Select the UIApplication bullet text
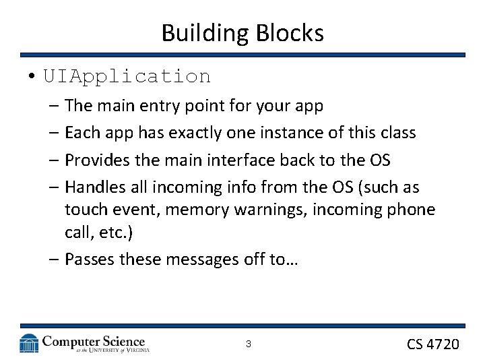click(x=127, y=76)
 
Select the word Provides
click(x=97, y=160)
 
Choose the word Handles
click(x=95, y=187)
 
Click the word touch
click(x=85, y=210)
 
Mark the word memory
click(x=197, y=210)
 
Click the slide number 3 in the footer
click(x=248, y=344)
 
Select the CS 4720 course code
click(x=433, y=344)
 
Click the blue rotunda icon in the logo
click(x=29, y=343)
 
